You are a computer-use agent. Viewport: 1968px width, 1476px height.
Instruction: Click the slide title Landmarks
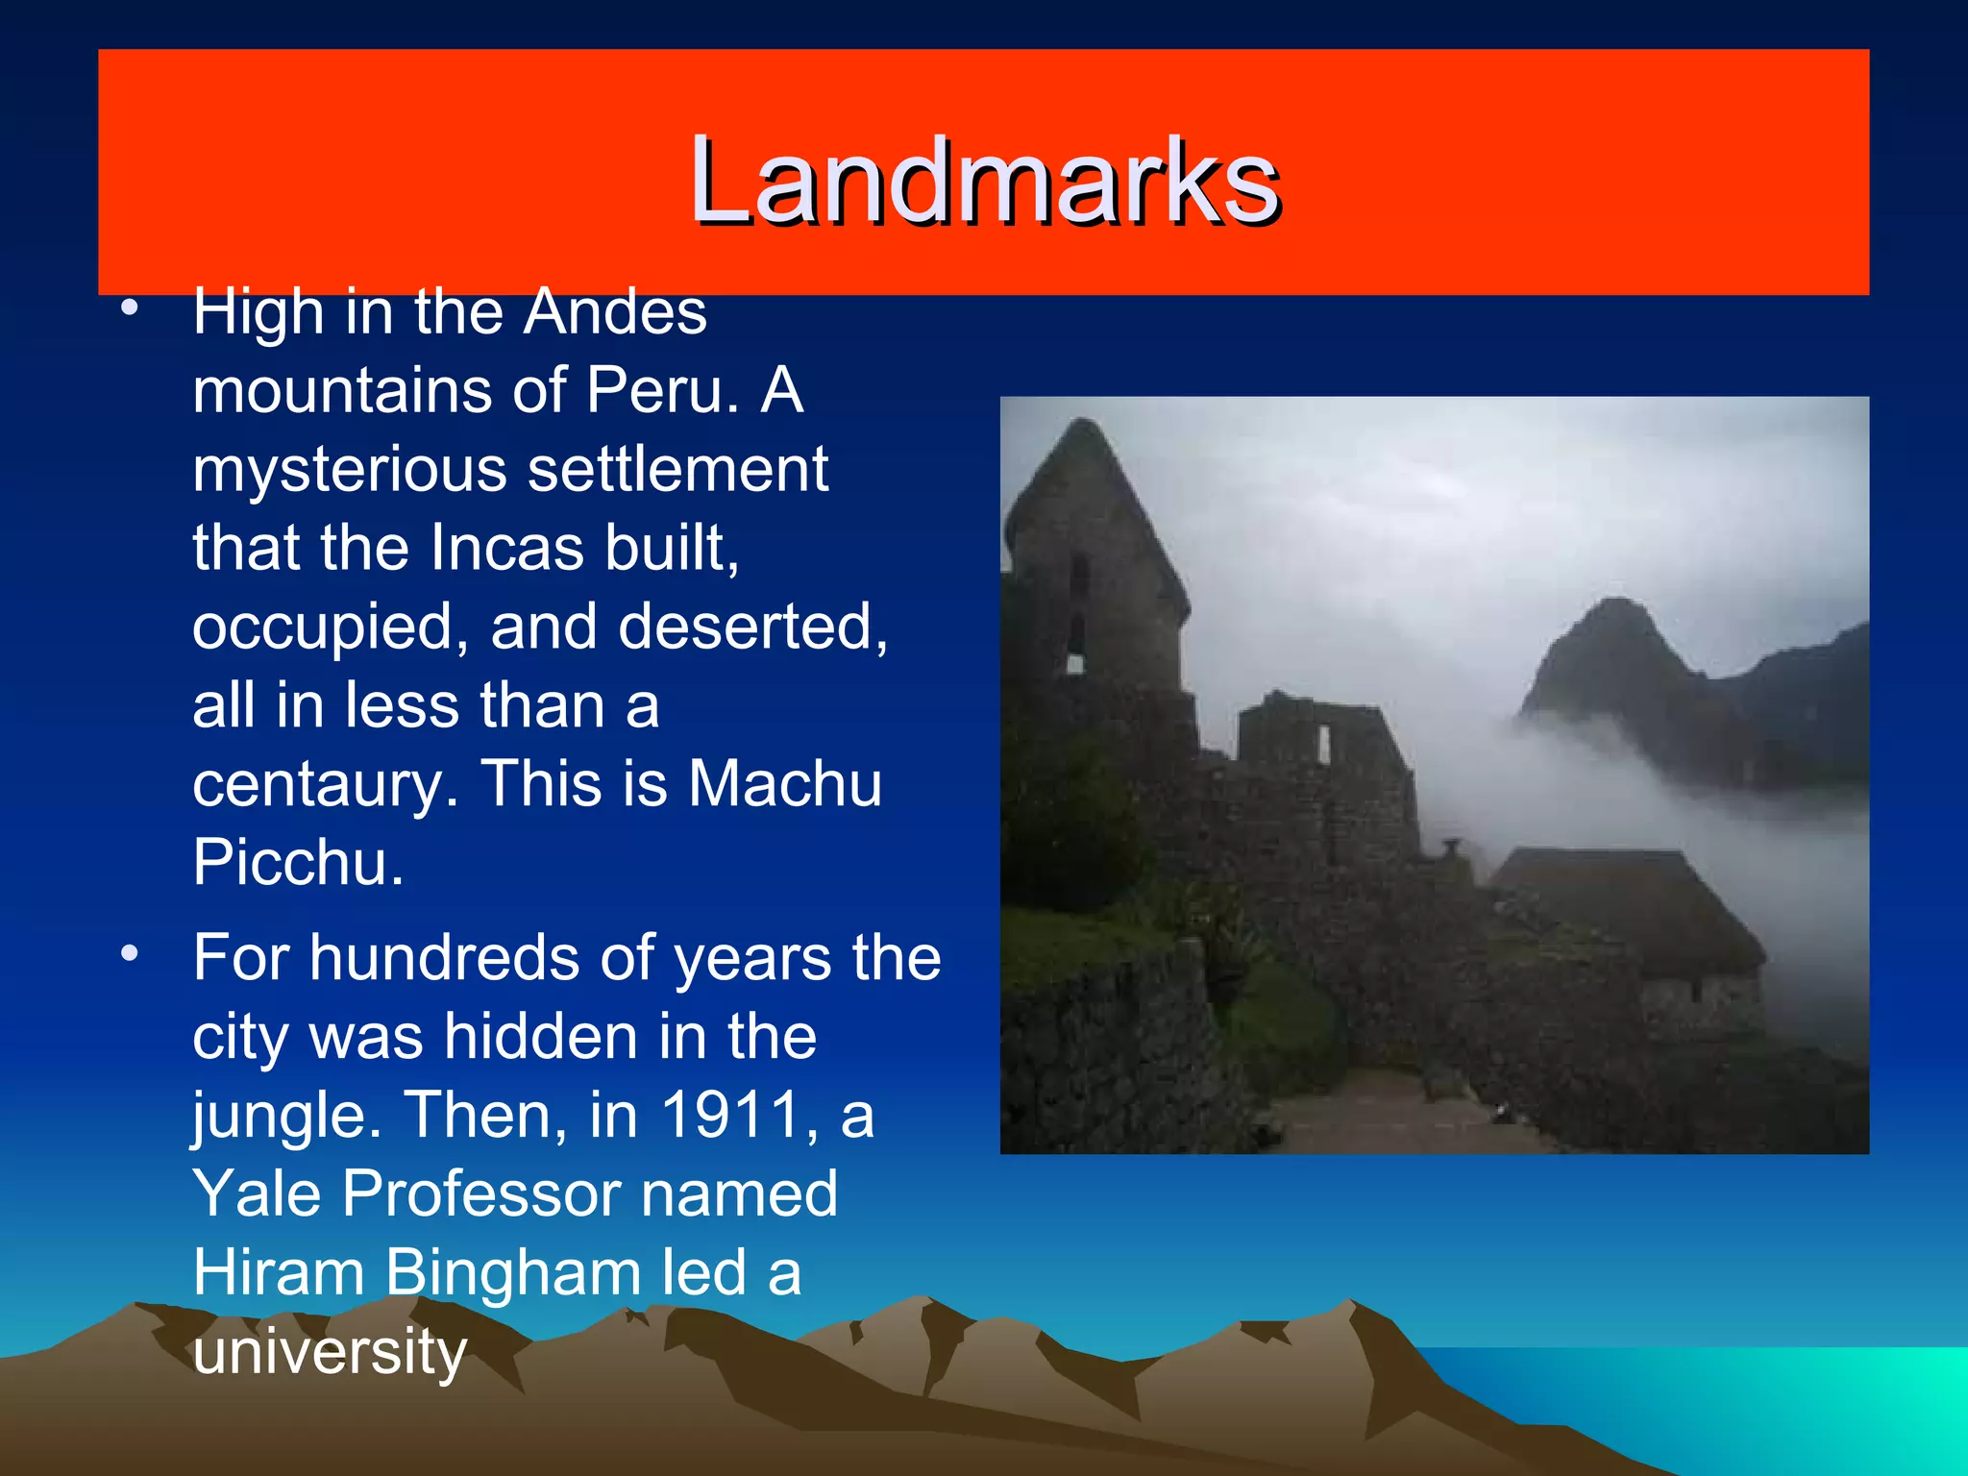(x=984, y=181)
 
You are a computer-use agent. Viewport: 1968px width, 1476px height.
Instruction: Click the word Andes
(x=615, y=313)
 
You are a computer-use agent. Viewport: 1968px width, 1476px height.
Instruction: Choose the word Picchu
(x=298, y=863)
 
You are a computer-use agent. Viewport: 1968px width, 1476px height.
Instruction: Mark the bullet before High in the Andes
(x=130, y=309)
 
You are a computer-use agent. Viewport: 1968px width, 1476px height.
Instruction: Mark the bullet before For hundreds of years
(x=130, y=954)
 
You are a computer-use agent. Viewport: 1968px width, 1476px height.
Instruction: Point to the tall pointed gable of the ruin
(x=1086, y=452)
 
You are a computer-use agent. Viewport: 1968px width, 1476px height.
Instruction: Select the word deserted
(x=752, y=627)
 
